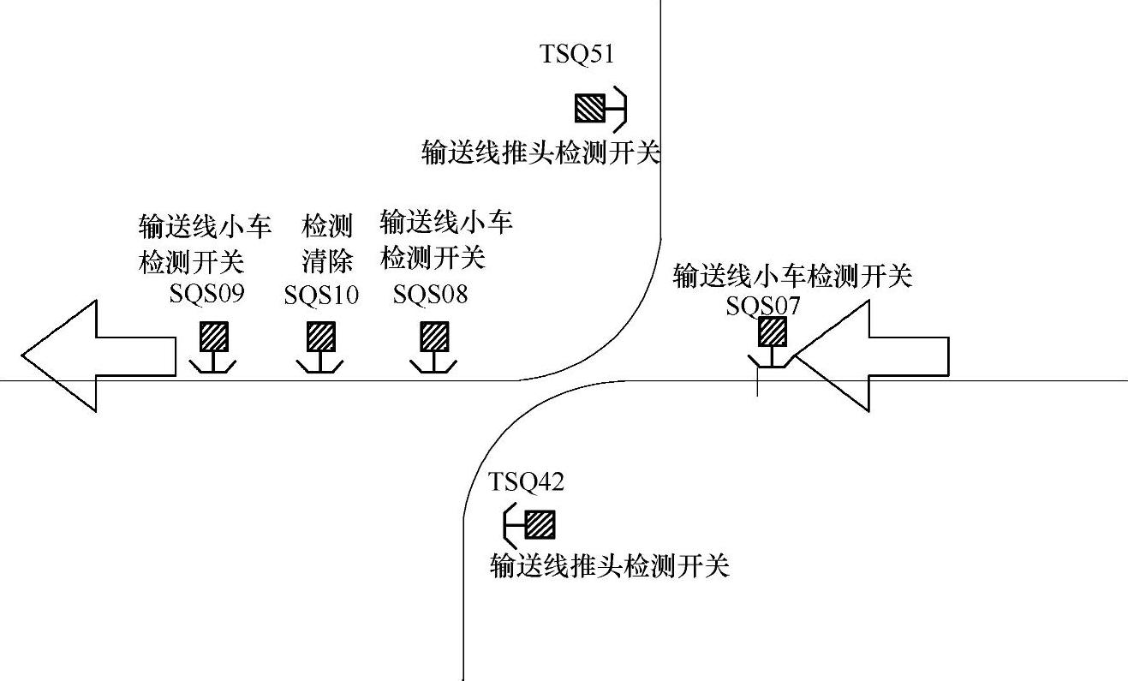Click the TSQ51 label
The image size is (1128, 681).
(x=576, y=55)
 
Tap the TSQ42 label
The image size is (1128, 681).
(x=526, y=482)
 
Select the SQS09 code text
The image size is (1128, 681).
(x=207, y=295)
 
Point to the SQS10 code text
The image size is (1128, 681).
(x=321, y=296)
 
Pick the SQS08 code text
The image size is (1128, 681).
(x=431, y=296)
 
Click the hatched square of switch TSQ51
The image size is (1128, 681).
(x=589, y=108)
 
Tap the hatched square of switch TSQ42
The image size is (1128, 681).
(x=540, y=524)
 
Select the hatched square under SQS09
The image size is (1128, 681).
(x=213, y=337)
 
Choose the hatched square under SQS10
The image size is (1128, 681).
(x=320, y=337)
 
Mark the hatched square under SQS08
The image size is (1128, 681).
(x=433, y=337)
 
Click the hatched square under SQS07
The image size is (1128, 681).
(x=773, y=332)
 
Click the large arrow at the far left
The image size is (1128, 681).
(x=94, y=355)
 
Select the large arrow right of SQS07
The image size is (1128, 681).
(x=874, y=355)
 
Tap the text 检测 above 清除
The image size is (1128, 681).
(x=327, y=227)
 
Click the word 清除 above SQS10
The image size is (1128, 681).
(x=327, y=260)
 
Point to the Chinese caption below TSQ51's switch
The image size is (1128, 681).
(x=541, y=152)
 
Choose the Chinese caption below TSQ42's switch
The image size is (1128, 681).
(x=609, y=566)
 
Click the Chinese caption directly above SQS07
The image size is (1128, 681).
(x=792, y=276)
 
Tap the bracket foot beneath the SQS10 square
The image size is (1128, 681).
(x=320, y=366)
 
